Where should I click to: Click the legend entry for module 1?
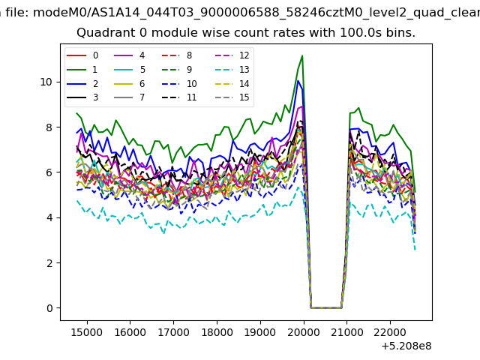coord(82,70)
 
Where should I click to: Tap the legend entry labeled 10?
coord(179,84)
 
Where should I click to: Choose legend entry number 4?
coord(129,55)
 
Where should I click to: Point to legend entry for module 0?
coord(82,55)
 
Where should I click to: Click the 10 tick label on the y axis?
coord(46,82)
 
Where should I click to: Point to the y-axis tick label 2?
coord(49,263)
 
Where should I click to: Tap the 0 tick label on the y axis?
coord(49,308)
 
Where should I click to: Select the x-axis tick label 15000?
coord(87,332)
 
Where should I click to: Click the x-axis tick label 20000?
coord(303,332)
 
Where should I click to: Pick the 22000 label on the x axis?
coord(390,332)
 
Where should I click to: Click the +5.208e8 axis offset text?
coord(406,346)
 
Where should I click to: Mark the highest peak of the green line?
coord(302,55)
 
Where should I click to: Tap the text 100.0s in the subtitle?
coord(361,32)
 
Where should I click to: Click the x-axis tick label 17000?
coord(173,332)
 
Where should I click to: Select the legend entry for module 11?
coord(179,97)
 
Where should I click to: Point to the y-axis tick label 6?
coord(49,172)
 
